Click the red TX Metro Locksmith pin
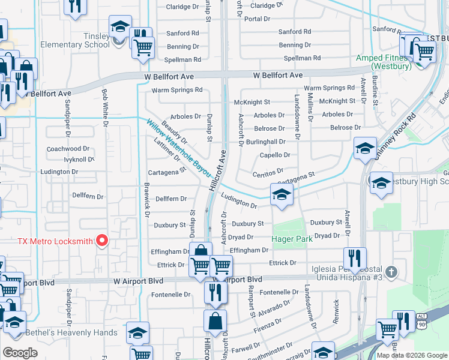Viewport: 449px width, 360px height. click(101, 241)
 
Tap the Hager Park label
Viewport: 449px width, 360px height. click(292, 238)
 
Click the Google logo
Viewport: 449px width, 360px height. click(20, 353)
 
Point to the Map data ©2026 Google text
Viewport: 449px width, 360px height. click(412, 355)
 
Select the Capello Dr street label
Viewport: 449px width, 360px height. click(275, 155)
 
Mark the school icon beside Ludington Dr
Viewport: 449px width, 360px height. click(281, 196)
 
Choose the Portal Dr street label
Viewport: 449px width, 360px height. click(256, 19)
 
